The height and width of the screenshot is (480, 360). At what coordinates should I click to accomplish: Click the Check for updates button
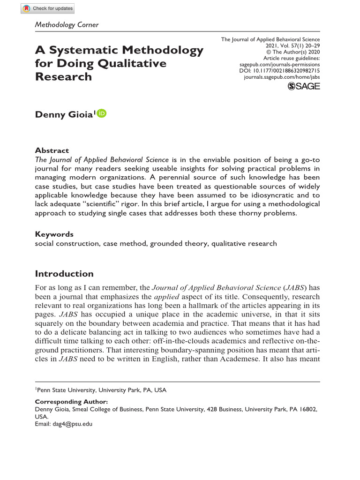click(x=48, y=9)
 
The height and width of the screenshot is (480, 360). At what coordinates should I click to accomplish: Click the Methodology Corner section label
click(x=67, y=24)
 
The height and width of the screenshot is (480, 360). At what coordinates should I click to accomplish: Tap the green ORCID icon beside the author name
click(x=102, y=113)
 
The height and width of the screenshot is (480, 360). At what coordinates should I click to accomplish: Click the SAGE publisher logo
click(x=303, y=86)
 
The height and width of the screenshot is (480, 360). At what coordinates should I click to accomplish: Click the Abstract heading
click(x=52, y=150)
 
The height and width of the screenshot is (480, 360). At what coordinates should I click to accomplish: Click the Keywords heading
click(x=54, y=234)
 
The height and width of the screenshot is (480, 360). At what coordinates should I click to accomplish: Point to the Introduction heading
click(x=64, y=274)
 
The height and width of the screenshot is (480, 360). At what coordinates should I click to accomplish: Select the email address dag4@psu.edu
click(x=72, y=423)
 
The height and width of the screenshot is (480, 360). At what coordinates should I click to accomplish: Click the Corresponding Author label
click(x=71, y=402)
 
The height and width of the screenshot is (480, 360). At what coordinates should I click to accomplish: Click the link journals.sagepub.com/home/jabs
click(x=282, y=76)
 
